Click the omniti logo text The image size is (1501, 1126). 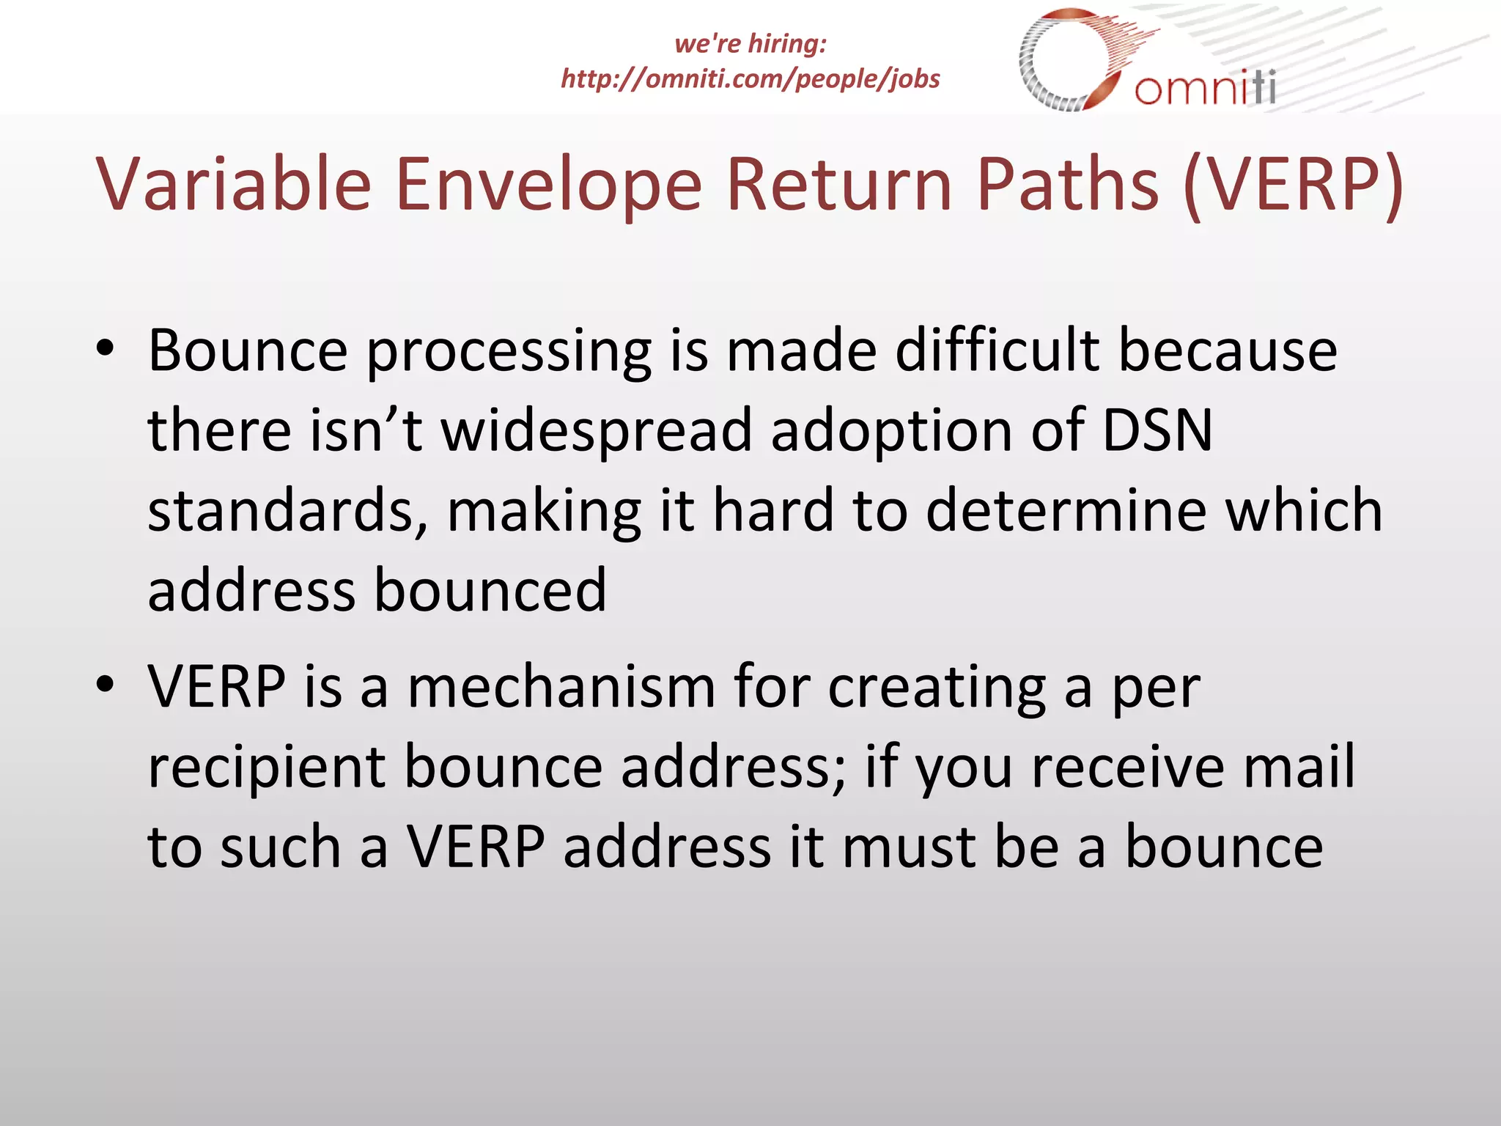point(1205,88)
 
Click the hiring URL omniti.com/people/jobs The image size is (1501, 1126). point(750,78)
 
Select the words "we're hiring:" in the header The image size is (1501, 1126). point(750,43)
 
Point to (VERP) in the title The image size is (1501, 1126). point(1294,185)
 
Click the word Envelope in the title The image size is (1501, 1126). point(548,185)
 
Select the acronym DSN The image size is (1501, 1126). point(1157,430)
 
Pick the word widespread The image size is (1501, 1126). point(597,432)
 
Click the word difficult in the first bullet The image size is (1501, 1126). point(997,350)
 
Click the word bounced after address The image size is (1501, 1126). point(490,590)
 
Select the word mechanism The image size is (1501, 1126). point(561,687)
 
